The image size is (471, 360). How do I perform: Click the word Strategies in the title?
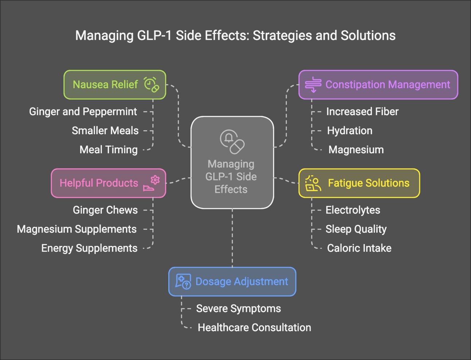282,36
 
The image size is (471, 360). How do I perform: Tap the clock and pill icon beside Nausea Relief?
152,85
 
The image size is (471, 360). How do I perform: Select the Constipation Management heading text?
388,85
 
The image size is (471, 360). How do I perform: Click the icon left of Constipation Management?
313,85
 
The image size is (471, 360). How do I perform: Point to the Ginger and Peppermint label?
83,112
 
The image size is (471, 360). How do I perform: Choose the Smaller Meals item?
105,131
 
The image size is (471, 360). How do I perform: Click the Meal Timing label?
109,150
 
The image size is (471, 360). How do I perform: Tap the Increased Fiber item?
362,112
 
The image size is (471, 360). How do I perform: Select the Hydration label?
350,131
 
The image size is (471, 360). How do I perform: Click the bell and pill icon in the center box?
232,142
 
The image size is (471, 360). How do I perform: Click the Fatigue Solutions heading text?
369,183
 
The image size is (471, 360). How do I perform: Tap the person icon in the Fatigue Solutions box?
313,183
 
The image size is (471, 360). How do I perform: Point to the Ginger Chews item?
105,210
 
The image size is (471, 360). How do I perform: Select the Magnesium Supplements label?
77,229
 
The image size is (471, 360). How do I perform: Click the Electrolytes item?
353,210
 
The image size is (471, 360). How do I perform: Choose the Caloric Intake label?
359,248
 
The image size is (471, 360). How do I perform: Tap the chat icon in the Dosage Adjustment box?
183,282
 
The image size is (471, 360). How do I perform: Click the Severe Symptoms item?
238,309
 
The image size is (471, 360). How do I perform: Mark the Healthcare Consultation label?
254,328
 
